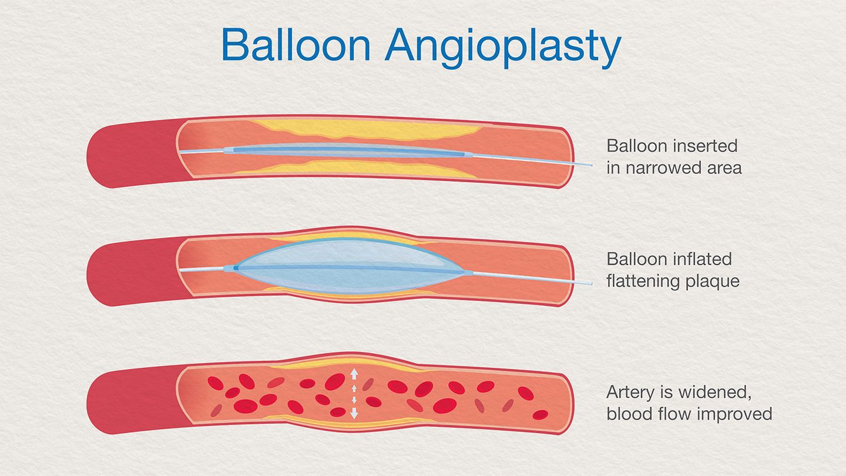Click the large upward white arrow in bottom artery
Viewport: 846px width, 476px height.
(354, 374)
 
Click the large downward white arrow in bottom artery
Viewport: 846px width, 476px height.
(354, 413)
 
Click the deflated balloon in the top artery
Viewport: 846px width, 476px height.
(347, 150)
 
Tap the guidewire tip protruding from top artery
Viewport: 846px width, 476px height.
(591, 166)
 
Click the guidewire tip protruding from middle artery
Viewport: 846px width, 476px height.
(590, 283)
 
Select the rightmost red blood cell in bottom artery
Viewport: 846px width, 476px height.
(540, 415)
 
